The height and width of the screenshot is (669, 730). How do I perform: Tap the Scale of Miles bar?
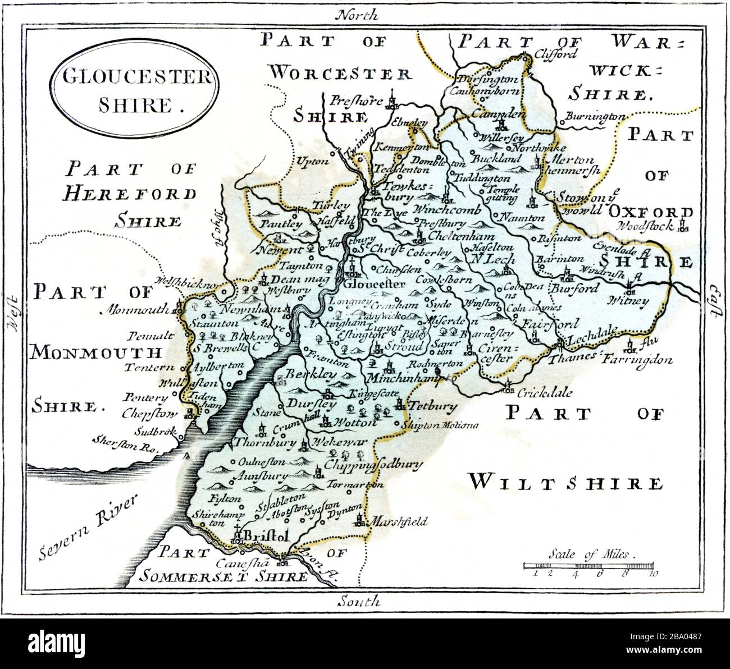point(588,565)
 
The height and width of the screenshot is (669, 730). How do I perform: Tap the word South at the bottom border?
point(359,602)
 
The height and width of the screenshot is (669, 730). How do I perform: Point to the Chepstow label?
point(150,414)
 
